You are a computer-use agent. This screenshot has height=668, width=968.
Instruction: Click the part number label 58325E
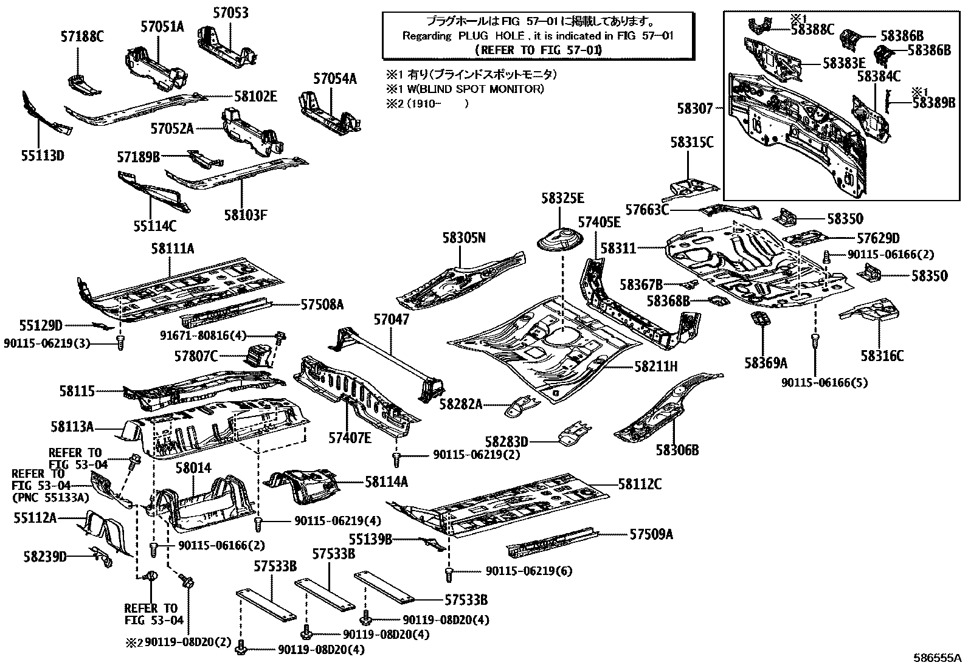(x=562, y=198)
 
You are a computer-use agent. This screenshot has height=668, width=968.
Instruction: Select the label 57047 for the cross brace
(x=392, y=319)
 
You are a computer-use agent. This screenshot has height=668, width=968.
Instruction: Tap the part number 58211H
(x=656, y=367)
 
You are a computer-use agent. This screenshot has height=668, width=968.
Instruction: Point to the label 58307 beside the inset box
(x=695, y=108)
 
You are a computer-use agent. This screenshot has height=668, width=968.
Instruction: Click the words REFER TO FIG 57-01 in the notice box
(x=538, y=50)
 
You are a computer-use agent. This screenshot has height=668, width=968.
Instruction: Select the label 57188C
(x=81, y=37)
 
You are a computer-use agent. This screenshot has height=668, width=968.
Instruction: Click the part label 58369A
(x=766, y=363)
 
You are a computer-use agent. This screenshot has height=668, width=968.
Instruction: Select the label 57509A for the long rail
(x=651, y=534)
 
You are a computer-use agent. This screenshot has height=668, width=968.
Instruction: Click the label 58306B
(x=677, y=450)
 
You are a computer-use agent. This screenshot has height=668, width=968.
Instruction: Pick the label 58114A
(x=386, y=482)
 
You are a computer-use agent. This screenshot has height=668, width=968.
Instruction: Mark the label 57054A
(x=335, y=78)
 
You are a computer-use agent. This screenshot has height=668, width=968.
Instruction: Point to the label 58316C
(x=882, y=356)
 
